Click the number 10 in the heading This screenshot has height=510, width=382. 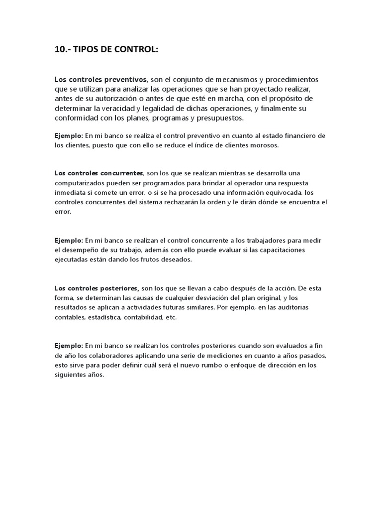[x=60, y=50]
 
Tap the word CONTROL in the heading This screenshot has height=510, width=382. [x=133, y=50]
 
